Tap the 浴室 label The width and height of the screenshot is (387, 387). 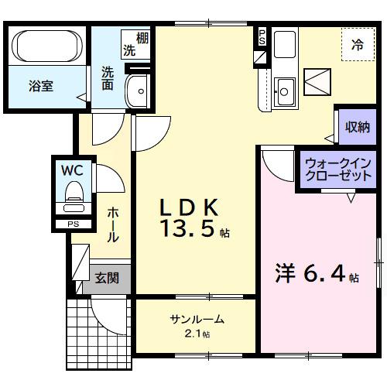point(41,87)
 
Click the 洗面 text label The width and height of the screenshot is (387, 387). point(107,77)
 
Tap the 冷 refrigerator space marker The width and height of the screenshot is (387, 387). point(358,46)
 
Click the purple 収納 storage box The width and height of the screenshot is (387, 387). point(357,127)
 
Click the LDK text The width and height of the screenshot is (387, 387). point(190,207)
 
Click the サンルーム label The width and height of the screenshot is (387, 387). point(197,319)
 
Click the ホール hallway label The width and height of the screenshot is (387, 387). point(113,224)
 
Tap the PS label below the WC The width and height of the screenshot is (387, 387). point(74,224)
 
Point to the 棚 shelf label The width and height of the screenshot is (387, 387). point(142,36)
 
